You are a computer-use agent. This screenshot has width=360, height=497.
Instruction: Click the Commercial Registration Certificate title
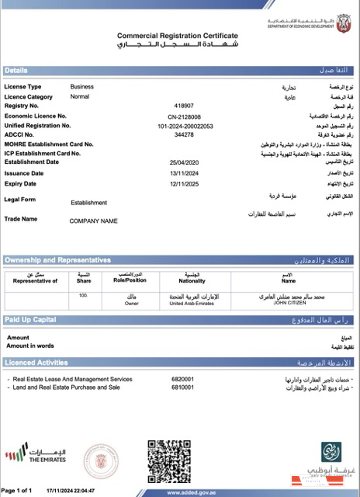(177, 36)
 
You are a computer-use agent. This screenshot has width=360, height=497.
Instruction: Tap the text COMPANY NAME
(93, 221)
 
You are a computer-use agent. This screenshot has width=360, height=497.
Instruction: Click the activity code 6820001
(182, 379)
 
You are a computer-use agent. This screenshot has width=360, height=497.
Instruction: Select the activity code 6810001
(182, 387)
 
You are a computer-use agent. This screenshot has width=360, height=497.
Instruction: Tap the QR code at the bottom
(168, 461)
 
